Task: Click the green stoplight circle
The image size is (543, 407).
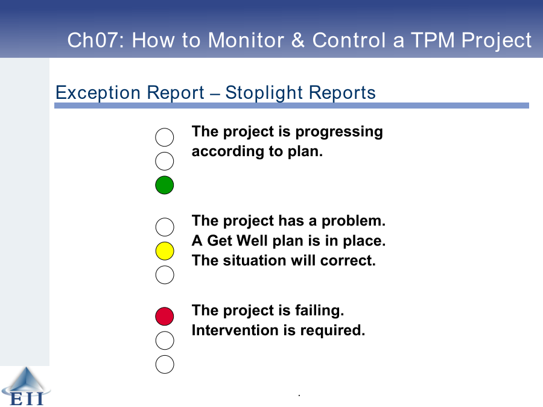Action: tap(165, 185)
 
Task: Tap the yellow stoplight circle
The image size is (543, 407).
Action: tap(165, 251)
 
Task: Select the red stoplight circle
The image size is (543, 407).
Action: tap(165, 317)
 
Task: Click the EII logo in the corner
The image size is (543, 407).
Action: tap(26, 386)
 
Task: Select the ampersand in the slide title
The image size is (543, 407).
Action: tap(298, 40)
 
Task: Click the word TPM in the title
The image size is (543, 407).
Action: tap(433, 40)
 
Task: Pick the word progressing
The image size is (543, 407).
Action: tap(339, 132)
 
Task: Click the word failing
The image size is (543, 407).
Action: tap(320, 311)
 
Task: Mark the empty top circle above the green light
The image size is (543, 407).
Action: tap(165, 137)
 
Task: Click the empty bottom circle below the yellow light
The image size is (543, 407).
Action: tap(165, 275)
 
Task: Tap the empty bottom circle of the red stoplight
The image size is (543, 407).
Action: tap(165, 364)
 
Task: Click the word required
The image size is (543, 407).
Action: tap(332, 331)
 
